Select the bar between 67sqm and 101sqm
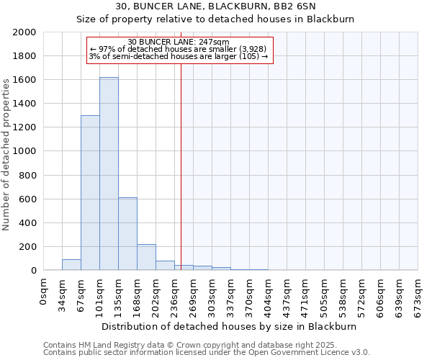[x=90, y=193]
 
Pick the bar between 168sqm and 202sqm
[x=146, y=257]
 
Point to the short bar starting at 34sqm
[x=71, y=265]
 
